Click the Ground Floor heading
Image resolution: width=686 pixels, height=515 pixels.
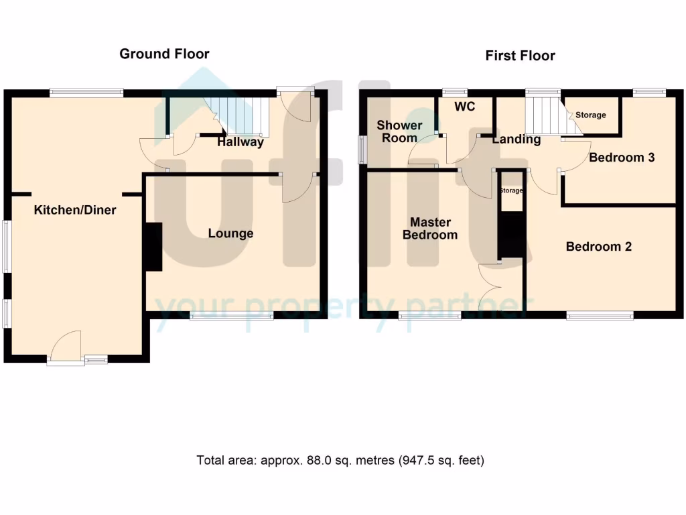(164, 54)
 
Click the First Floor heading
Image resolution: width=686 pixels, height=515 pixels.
(520, 56)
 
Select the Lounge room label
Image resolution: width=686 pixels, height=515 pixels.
(230, 233)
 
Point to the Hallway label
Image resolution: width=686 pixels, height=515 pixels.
(240, 142)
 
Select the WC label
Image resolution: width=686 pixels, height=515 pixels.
(464, 107)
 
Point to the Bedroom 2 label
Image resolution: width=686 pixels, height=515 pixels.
(598, 247)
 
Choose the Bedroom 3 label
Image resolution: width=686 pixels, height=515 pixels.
(621, 158)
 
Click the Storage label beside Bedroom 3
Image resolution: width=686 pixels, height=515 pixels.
(591, 115)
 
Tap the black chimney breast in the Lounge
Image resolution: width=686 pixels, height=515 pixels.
(153, 247)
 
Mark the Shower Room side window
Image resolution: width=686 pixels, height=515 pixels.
(362, 150)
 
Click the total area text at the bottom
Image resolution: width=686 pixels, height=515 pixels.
(340, 461)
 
